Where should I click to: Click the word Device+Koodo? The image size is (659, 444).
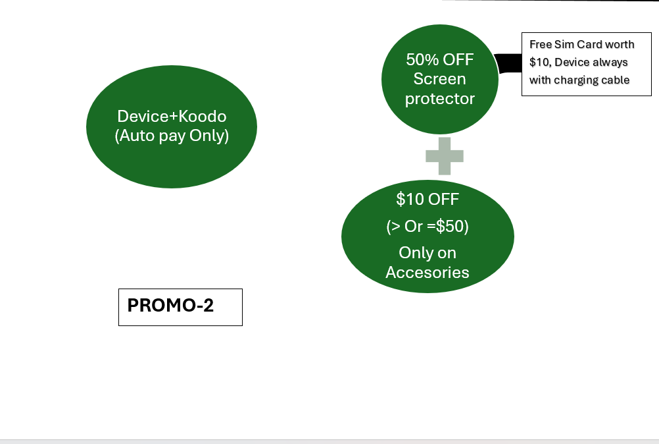click(x=172, y=117)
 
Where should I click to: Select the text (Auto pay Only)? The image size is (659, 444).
click(x=172, y=137)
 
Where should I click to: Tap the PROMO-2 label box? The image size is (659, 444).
click(x=180, y=307)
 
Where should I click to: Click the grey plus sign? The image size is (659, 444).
click(x=445, y=156)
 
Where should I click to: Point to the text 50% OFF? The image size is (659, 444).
click(x=439, y=59)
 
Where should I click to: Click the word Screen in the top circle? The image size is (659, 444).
click(x=439, y=79)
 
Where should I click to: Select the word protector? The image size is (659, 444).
click(x=439, y=99)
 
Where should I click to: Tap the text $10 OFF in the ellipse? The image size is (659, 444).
click(x=427, y=199)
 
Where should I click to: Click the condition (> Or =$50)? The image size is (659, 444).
click(x=427, y=227)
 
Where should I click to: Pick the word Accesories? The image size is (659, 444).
click(x=427, y=273)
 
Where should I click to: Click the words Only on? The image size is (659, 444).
click(x=427, y=253)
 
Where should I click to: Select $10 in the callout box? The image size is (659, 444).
click(x=539, y=63)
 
